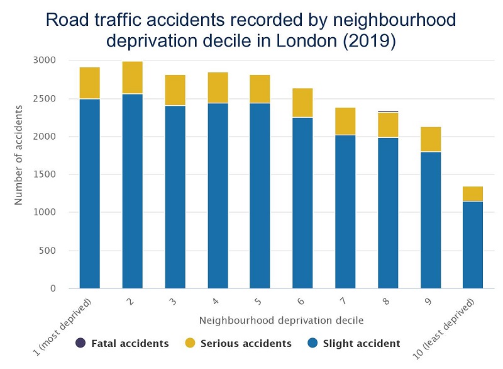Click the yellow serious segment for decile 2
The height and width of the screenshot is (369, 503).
pos(132,77)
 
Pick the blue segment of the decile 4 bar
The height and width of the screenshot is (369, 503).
pos(218,195)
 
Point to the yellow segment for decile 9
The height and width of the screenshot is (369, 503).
pos(430,139)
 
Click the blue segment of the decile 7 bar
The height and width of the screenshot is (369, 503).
pos(345,212)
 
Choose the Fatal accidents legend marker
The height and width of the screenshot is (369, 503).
pos(80,343)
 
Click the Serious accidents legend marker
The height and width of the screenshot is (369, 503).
pos(189,343)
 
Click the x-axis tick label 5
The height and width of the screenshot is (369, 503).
pos(259,301)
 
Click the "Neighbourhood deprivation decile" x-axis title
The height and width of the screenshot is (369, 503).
pos(281,321)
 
